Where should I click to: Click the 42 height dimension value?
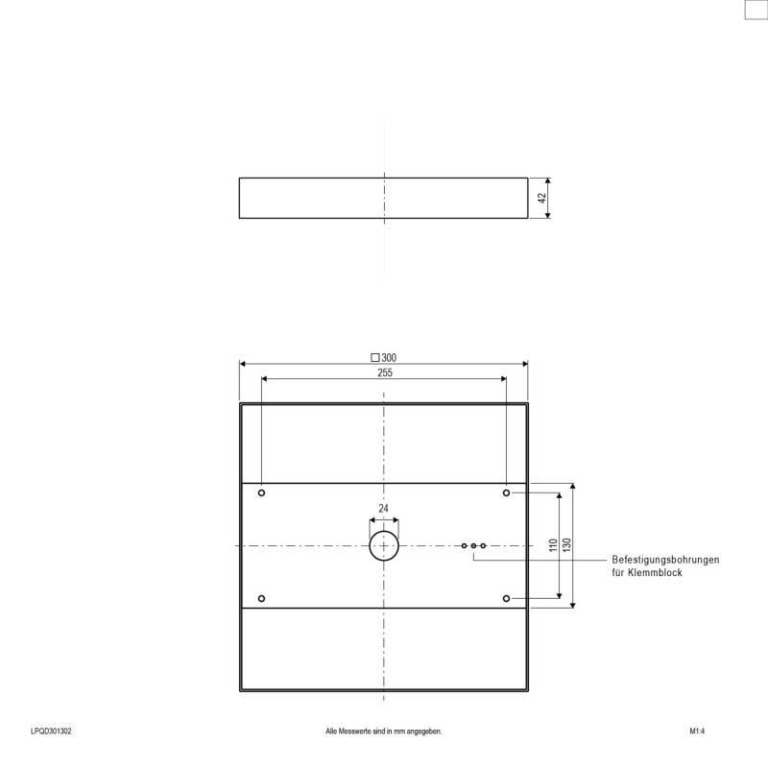(x=541, y=198)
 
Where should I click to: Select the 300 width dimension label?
(x=389, y=357)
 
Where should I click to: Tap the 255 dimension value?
(x=384, y=372)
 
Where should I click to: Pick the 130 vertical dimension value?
(x=567, y=545)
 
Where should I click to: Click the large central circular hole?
(x=384, y=545)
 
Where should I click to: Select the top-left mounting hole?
(x=261, y=492)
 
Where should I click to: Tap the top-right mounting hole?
(x=506, y=492)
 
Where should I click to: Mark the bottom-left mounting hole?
(x=261, y=598)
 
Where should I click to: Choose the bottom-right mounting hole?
(x=506, y=598)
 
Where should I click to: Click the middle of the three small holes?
(x=473, y=545)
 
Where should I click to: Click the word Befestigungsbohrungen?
(x=665, y=560)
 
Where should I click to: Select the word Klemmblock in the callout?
(x=658, y=572)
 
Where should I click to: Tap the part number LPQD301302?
(x=50, y=732)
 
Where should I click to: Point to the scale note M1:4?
(x=698, y=732)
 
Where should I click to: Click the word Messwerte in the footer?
(x=355, y=732)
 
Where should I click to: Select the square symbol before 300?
(x=374, y=357)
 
